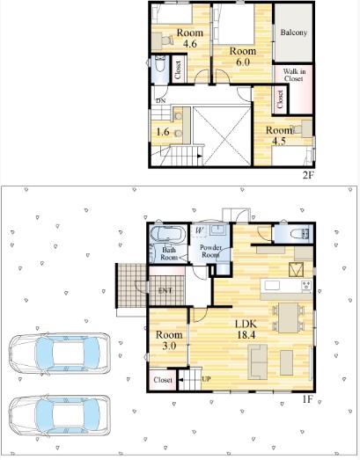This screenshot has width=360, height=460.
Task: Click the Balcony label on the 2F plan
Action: (294, 33)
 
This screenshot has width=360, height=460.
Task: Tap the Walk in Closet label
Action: (294, 75)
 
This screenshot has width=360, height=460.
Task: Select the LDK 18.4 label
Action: (246, 330)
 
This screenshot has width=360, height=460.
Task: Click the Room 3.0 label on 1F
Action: (169, 340)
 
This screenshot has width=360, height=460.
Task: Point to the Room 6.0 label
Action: (243, 56)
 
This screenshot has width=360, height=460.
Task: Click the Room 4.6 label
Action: (190, 38)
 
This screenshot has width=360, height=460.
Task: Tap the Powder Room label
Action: (210, 252)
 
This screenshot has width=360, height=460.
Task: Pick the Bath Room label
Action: (169, 254)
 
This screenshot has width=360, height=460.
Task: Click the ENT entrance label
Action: (165, 291)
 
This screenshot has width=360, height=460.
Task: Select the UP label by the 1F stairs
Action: (206, 379)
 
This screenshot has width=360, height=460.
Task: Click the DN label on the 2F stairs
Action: (160, 100)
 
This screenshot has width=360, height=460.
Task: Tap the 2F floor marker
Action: (309, 175)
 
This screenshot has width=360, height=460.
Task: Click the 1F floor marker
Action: (308, 399)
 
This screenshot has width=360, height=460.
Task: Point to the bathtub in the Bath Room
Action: (168, 235)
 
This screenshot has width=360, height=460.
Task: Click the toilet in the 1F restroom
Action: (299, 234)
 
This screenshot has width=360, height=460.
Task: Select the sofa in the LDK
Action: (258, 362)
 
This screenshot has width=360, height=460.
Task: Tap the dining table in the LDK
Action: (289, 318)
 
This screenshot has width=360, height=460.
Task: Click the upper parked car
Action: (60, 354)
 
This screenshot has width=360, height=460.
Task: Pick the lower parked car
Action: (60, 416)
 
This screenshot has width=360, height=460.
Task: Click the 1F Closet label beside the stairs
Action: (163, 380)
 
